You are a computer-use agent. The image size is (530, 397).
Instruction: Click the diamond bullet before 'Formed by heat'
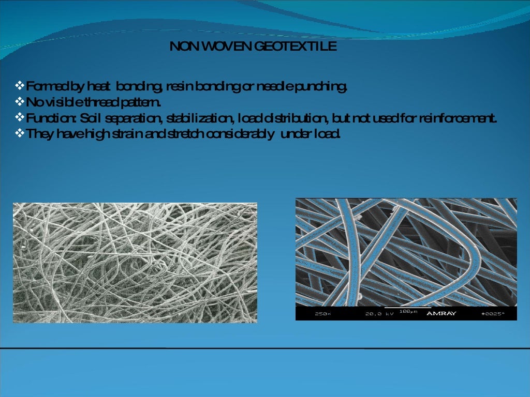(x=21, y=85)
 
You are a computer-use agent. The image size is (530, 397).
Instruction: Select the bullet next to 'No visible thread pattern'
(x=21, y=100)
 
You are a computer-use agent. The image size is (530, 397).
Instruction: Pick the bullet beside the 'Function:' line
(x=21, y=117)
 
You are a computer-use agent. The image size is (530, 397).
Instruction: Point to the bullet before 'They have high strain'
(x=21, y=133)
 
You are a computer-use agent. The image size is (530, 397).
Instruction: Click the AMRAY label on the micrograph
(x=441, y=313)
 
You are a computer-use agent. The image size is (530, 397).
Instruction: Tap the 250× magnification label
(x=322, y=314)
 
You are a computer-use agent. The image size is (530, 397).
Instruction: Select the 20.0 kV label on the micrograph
(x=379, y=314)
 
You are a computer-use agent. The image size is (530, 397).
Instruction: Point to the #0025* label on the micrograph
(x=492, y=314)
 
